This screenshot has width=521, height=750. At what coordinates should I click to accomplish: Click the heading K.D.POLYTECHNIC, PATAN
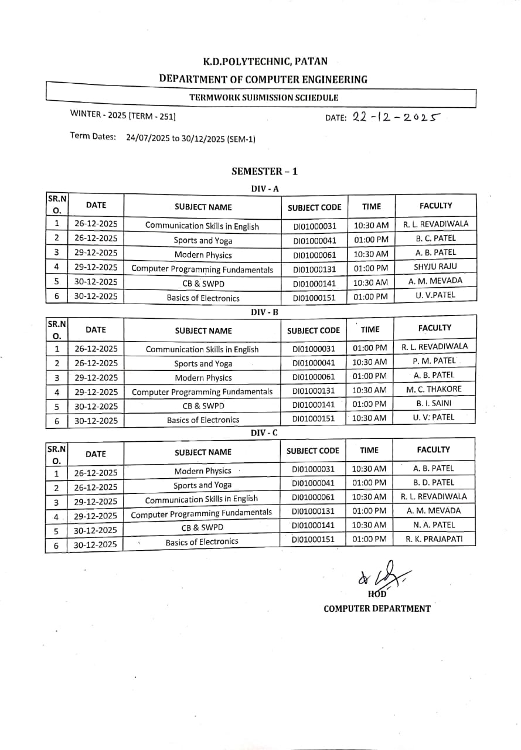pos(265,61)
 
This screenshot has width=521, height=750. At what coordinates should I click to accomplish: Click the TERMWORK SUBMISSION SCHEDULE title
pos(264,98)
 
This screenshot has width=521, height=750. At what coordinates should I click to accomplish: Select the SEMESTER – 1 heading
pos(264,171)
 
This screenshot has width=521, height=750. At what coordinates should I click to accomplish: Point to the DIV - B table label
pos(264,312)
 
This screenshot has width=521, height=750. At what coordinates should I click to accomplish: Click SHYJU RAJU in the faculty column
pos(435,267)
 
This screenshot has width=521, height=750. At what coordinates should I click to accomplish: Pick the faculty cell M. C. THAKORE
pos(434,389)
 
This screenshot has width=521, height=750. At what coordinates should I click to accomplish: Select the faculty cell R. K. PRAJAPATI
pos(434,538)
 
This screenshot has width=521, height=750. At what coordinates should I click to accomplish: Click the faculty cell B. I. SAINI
pos(434,403)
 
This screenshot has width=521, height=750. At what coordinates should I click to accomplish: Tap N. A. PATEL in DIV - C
pos(434,524)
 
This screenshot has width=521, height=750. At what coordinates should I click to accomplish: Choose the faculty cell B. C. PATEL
pos(435,238)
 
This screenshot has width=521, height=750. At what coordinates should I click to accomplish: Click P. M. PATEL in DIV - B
pos(434,361)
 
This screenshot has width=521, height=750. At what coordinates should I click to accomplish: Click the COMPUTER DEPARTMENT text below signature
pos(377,608)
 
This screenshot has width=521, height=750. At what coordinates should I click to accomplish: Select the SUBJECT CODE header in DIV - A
pos(314,207)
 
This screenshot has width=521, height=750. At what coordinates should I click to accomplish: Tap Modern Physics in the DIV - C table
pos(203,471)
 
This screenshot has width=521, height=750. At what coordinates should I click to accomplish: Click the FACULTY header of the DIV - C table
pos(433,450)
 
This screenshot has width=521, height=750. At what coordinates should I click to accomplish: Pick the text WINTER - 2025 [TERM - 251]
pos(123,115)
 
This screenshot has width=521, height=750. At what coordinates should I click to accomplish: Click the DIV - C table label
pos(264,432)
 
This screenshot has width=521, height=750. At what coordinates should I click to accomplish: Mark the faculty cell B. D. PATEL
pos(434,482)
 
